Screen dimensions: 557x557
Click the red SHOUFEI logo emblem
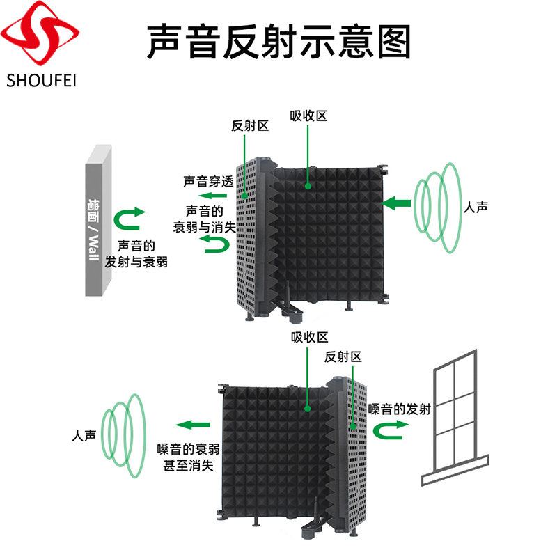40,33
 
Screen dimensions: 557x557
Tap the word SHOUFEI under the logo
42,81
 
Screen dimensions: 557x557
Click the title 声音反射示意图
279,42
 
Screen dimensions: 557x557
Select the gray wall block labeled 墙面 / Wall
98,220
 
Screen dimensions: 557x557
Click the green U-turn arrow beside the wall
130,219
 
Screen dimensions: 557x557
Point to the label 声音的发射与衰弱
136,253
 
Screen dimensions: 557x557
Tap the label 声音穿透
208,182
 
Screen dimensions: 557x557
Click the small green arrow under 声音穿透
212,196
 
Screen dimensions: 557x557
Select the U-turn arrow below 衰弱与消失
215,244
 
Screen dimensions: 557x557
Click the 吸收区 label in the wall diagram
308,116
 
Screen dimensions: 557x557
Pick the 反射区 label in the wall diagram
250,126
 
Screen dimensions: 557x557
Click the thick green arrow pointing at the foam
396,203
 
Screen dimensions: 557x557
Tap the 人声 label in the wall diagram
476,207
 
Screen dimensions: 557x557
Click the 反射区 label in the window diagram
343,356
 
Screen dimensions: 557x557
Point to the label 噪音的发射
399,409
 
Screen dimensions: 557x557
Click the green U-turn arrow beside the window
390,430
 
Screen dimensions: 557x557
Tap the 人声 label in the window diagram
84,436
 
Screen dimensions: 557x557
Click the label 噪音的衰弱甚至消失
188,457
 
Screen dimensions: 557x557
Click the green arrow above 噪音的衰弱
193,425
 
